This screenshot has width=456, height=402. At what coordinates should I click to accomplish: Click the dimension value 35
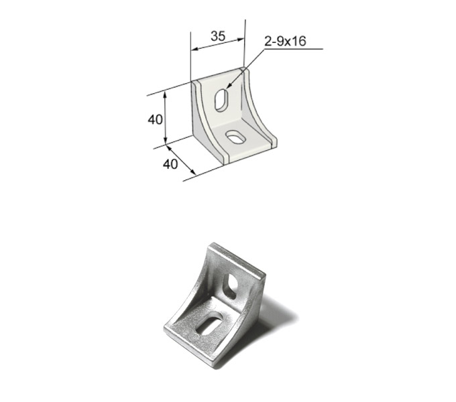pyautogui.click(x=217, y=36)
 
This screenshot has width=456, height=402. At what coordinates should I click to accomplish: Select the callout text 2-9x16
pyautogui.click(x=285, y=42)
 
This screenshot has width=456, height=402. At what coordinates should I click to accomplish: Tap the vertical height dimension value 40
pyautogui.click(x=155, y=119)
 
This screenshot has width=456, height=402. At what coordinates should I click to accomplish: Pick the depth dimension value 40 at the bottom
pyautogui.click(x=170, y=163)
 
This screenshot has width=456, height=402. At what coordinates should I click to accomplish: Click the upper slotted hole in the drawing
pyautogui.click(x=221, y=100)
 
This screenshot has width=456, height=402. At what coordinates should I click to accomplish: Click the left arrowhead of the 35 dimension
pyautogui.click(x=193, y=50)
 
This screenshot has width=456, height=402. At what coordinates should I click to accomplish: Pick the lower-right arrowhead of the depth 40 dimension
pyautogui.click(x=194, y=174)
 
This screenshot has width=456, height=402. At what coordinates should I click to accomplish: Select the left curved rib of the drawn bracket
pyautogui.click(x=205, y=121)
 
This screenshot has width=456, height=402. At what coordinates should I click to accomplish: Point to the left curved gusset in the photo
pyautogui.click(x=184, y=301)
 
